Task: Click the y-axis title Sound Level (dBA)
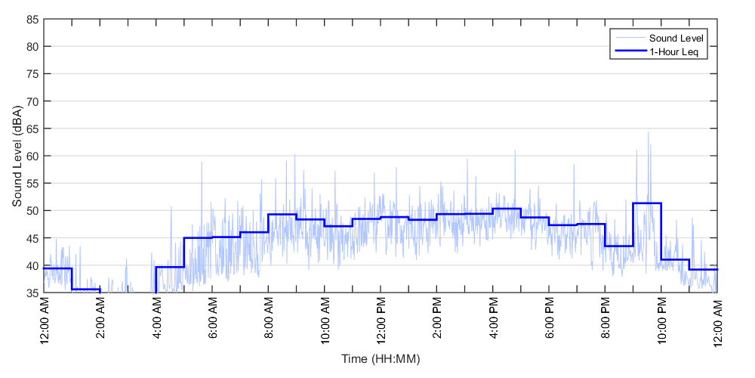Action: pyautogui.click(x=16, y=156)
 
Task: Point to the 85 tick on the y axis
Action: pyautogui.click(x=33, y=19)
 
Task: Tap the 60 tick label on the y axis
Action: pyautogui.click(x=33, y=156)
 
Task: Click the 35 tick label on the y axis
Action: pyautogui.click(x=33, y=293)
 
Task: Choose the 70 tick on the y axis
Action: pyautogui.click(x=33, y=101)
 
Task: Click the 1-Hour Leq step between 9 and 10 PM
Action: pyautogui.click(x=647, y=203)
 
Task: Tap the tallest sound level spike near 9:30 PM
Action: pyautogui.click(x=648, y=133)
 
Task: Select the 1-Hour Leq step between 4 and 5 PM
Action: pyautogui.click(x=507, y=209)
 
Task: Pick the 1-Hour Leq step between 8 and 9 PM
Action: pyautogui.click(x=619, y=246)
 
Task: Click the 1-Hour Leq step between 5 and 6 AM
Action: pyautogui.click(x=198, y=238)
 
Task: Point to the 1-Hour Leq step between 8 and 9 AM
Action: pyautogui.click(x=282, y=215)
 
